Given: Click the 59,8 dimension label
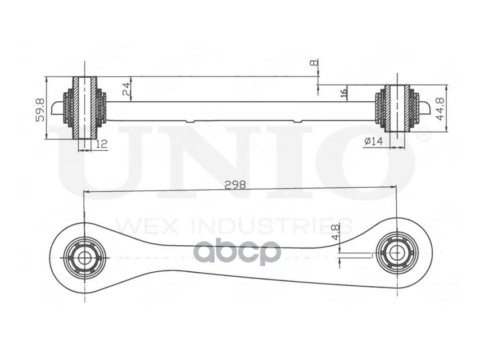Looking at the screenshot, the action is point(40,110).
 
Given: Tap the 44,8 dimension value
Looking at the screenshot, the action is point(440,109).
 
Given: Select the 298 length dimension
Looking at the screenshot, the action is point(235,185).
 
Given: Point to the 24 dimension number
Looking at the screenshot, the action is point(127,89).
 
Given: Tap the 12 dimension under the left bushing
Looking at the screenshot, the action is point(102,144).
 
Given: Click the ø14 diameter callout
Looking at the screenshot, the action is point(374,141).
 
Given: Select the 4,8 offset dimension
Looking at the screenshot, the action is point(335,232).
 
